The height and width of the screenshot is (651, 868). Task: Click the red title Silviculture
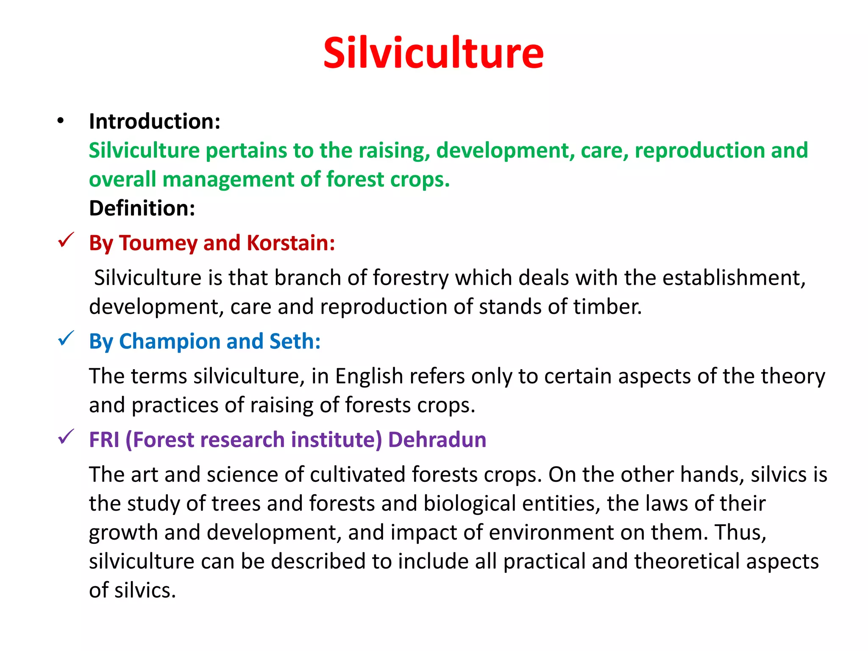433,53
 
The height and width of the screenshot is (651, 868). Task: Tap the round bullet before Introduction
61,121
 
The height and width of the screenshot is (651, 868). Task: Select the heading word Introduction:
155,122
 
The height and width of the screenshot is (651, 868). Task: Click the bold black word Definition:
142,208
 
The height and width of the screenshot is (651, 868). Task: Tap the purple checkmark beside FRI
66,437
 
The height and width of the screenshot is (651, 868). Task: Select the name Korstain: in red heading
291,243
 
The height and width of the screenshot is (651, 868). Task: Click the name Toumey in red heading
158,243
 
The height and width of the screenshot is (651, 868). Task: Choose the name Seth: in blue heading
295,341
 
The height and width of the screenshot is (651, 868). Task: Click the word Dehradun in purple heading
437,440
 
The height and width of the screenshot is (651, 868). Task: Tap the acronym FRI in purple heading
104,440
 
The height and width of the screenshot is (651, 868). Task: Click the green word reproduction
699,150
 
